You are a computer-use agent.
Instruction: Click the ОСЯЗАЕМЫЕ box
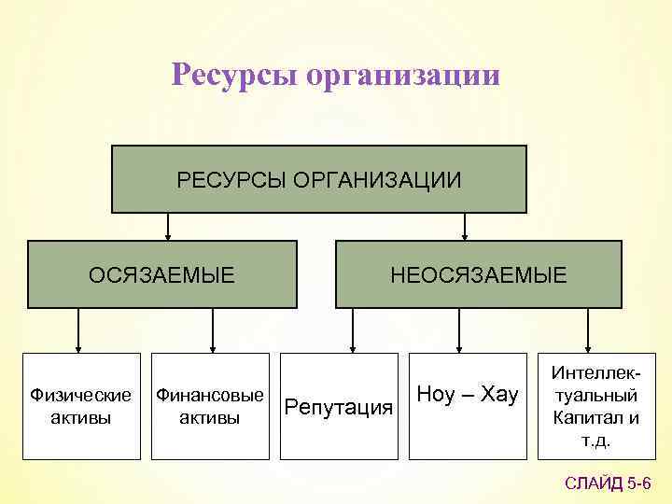[x=161, y=274]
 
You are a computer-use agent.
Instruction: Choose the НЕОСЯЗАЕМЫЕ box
[x=478, y=274]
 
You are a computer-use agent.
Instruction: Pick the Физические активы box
[x=81, y=406]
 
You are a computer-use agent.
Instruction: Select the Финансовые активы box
[x=209, y=406]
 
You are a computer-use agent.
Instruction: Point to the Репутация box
[x=338, y=406]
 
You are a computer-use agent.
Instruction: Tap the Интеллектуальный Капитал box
[x=595, y=406]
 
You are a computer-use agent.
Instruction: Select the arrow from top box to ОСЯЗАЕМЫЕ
[x=168, y=227]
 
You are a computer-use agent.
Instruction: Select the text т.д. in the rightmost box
[x=595, y=440]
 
